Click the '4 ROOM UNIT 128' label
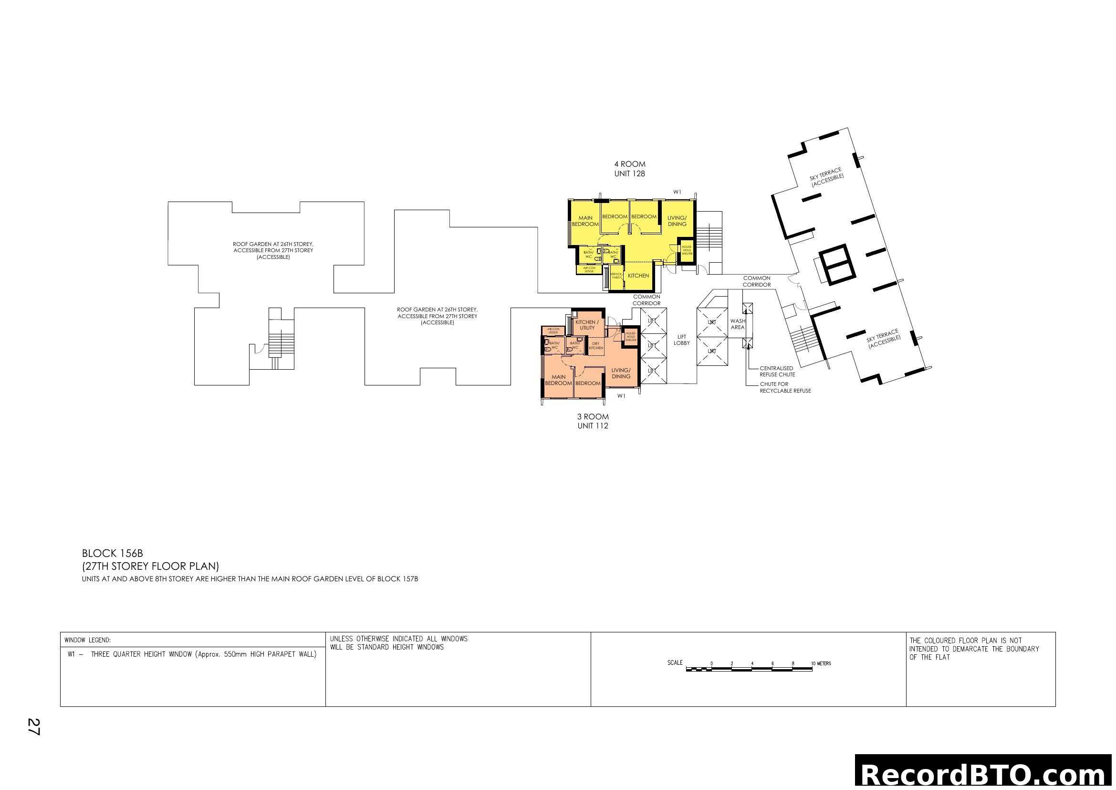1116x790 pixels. [x=629, y=169]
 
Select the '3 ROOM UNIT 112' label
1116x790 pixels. [x=593, y=421]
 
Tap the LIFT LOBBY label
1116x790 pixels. [x=681, y=340]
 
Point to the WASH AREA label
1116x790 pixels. [x=737, y=324]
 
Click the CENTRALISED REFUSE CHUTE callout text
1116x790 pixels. [x=777, y=371]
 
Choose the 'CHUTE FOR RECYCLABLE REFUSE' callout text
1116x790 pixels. [x=785, y=387]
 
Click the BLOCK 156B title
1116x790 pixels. [x=112, y=553]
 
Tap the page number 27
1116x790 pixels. [x=33, y=726]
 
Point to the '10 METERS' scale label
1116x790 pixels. [x=821, y=663]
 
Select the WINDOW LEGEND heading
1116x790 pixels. [x=87, y=640]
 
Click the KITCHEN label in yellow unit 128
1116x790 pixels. [x=638, y=275]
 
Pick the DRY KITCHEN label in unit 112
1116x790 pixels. [x=596, y=346]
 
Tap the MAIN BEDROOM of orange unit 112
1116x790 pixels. [x=558, y=380]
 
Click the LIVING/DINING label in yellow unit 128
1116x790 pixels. [x=677, y=221]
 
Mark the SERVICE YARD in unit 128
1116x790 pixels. [x=616, y=276]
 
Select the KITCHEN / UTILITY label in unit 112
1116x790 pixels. [x=587, y=325]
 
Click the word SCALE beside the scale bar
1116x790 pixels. [x=675, y=662]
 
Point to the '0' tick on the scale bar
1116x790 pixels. [x=711, y=663]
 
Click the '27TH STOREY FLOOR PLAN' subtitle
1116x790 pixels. [x=151, y=566]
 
